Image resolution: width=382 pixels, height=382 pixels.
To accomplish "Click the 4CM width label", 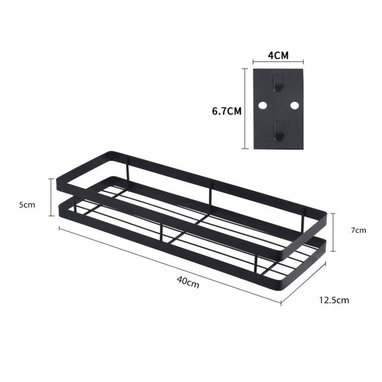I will pos(278,55).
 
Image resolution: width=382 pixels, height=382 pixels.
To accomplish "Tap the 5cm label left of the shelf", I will pos(26,205).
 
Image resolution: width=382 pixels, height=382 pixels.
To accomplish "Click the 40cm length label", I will pos(189,284).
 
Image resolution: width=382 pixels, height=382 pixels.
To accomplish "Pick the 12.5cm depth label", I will pos(334,301).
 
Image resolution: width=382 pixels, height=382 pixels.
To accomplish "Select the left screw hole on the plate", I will pos(262,105).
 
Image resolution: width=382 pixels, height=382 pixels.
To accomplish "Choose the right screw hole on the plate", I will pos(294,105).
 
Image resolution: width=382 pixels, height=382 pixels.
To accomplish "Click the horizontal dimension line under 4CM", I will pos(278,61).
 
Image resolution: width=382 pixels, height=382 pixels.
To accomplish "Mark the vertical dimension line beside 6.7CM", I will pos(245,108).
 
